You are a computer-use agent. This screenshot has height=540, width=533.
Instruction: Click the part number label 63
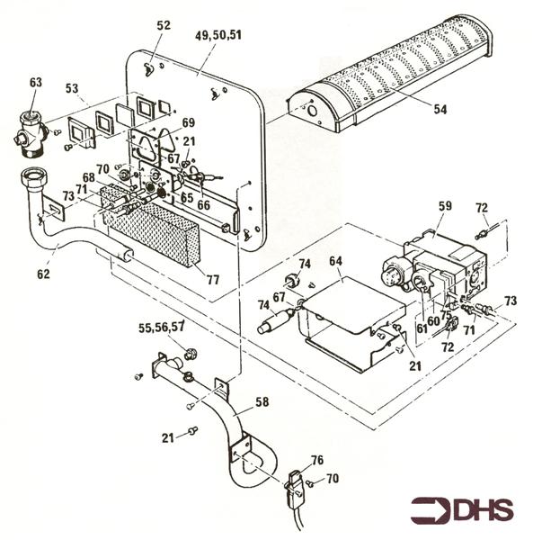pos(35,83)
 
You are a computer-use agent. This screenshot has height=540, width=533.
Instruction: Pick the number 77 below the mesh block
pos(212,280)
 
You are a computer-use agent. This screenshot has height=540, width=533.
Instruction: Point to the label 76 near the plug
pos(317,460)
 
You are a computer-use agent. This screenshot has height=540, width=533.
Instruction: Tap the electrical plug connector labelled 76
pos(296,486)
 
